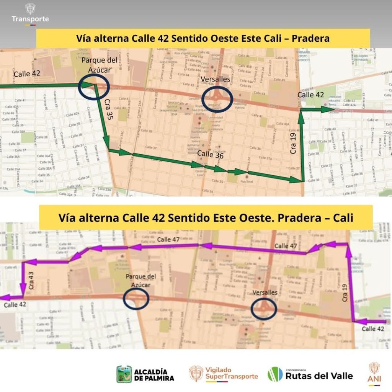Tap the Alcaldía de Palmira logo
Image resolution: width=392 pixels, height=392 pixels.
(146, 374)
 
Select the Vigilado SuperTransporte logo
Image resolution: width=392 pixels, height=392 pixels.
(224, 374)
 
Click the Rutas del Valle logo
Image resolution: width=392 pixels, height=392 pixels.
(310, 374)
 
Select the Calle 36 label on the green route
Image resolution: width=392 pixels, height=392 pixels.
(210, 155)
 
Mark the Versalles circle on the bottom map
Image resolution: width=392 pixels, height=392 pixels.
(264, 309)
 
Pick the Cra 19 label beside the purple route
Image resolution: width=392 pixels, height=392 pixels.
(345, 292)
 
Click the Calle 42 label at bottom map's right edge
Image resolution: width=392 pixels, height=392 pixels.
(374, 329)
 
